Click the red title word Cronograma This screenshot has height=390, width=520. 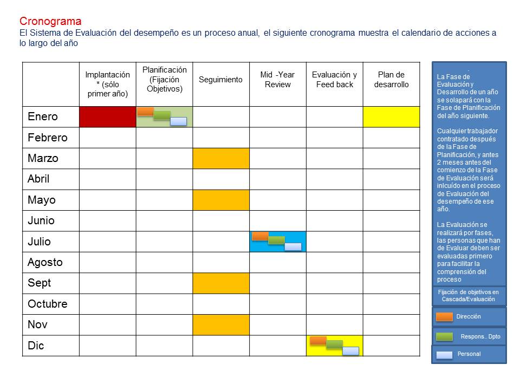50,22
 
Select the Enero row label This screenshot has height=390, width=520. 43,117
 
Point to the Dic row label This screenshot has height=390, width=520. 36,346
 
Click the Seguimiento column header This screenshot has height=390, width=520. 220,80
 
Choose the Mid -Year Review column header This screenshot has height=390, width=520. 277,80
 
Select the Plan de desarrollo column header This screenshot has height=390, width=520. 391,80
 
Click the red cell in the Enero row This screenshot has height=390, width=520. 107,117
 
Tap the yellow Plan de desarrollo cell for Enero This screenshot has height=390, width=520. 391,117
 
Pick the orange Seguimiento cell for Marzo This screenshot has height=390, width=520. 221,158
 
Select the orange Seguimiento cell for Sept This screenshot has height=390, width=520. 221,283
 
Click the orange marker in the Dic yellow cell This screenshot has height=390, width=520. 318,340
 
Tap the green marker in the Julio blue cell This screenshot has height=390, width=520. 276,240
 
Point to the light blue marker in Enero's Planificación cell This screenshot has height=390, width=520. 178,121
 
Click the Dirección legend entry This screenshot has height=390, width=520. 469,316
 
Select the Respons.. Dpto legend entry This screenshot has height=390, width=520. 469,336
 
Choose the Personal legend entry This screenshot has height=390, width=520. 469,354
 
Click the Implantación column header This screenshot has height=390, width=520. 107,84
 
